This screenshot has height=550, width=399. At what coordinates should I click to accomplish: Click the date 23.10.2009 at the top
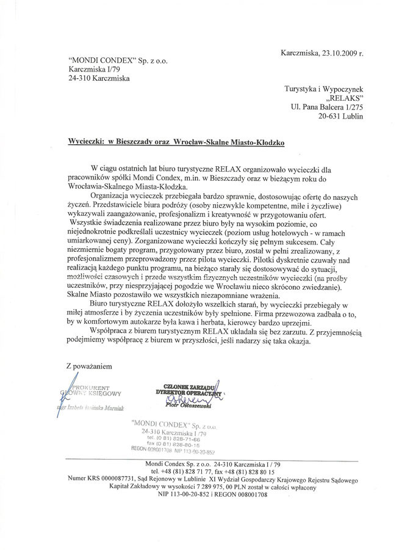click(x=337, y=53)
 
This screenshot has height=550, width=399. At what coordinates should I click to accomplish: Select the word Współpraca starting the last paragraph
click(x=111, y=332)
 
